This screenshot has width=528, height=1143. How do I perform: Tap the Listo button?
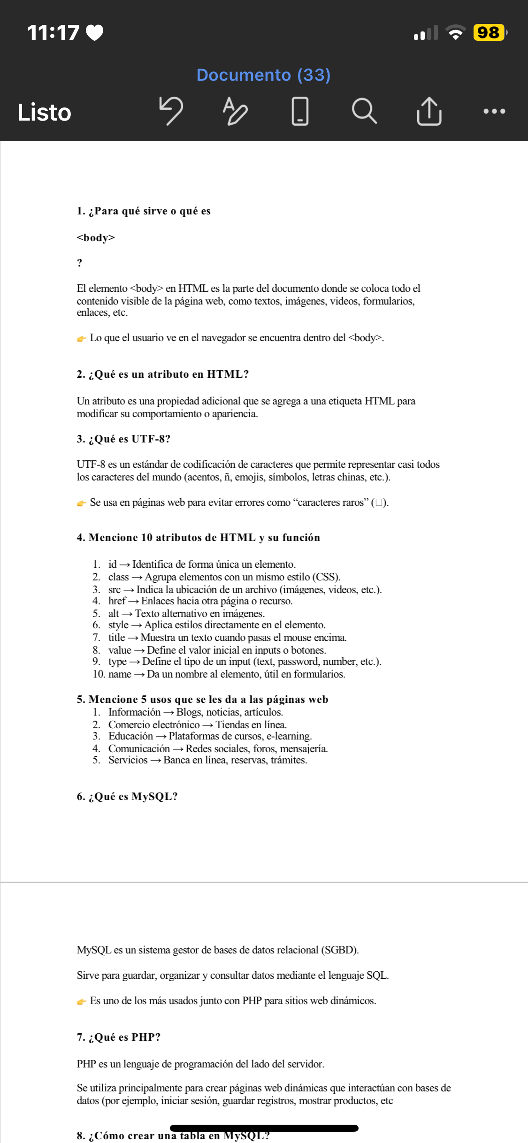(44, 113)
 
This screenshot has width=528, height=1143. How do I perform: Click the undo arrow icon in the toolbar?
(171, 111)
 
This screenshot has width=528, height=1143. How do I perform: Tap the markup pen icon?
(235, 111)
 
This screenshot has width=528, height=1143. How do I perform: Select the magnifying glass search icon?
(364, 111)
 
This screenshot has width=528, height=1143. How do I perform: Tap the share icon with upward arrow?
(429, 111)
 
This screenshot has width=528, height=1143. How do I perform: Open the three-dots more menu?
(494, 112)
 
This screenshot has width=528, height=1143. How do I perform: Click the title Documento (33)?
(263, 75)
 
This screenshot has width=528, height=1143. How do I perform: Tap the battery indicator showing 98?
(489, 33)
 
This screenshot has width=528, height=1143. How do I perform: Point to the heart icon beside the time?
(95, 33)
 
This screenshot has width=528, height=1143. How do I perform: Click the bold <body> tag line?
(96, 237)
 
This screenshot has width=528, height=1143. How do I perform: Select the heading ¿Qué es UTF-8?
(123, 439)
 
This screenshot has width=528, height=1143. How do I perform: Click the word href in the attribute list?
(117, 601)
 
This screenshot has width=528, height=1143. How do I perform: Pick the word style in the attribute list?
(118, 625)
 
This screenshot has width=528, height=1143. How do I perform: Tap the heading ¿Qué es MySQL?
(127, 797)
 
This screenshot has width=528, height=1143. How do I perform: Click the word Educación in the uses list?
(130, 736)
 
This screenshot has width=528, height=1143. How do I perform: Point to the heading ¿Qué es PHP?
(119, 1037)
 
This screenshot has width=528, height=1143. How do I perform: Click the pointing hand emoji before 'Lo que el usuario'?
(82, 338)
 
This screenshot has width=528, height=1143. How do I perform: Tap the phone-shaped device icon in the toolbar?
(300, 111)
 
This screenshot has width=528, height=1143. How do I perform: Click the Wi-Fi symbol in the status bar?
(455, 32)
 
